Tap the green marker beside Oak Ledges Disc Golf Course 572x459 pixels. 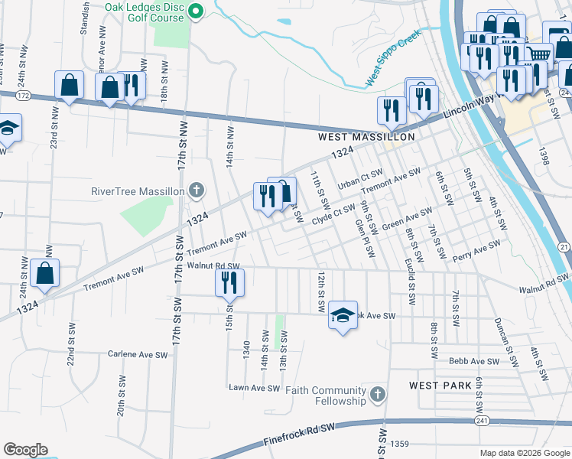click(x=196, y=11)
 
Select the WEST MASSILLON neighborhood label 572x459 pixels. click(x=366, y=137)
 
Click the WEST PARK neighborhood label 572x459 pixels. click(x=440, y=385)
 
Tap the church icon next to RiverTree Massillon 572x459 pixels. click(x=196, y=190)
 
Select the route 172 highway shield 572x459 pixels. click(x=23, y=96)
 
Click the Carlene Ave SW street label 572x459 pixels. click(x=138, y=355)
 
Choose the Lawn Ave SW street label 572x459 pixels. click(x=254, y=388)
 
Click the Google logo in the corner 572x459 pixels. click(x=25, y=450)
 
